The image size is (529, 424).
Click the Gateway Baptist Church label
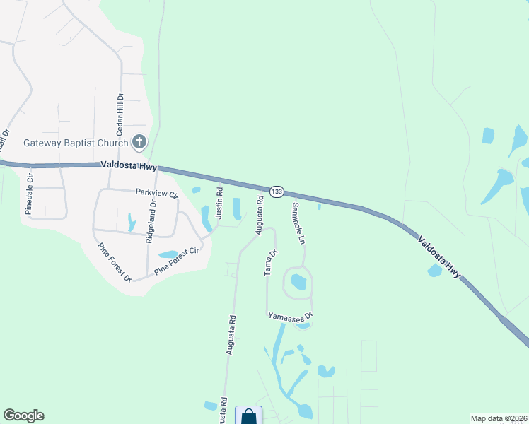[76, 142]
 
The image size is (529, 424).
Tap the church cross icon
[139, 142]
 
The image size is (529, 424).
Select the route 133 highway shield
[277, 192]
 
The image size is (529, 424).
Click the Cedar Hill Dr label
[120, 114]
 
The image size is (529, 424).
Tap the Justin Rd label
[219, 201]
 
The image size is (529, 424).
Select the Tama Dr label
[269, 262]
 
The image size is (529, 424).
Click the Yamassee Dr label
[290, 318]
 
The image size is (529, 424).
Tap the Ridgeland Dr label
[150, 221]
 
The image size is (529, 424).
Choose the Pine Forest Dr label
[115, 262]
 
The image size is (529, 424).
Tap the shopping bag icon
[248, 416]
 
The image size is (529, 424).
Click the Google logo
[23, 416]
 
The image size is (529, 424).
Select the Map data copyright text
[499, 418]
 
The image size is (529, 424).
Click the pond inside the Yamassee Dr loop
[298, 282]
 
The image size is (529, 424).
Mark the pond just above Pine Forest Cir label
[168, 254]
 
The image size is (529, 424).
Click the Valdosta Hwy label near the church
[128, 165]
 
